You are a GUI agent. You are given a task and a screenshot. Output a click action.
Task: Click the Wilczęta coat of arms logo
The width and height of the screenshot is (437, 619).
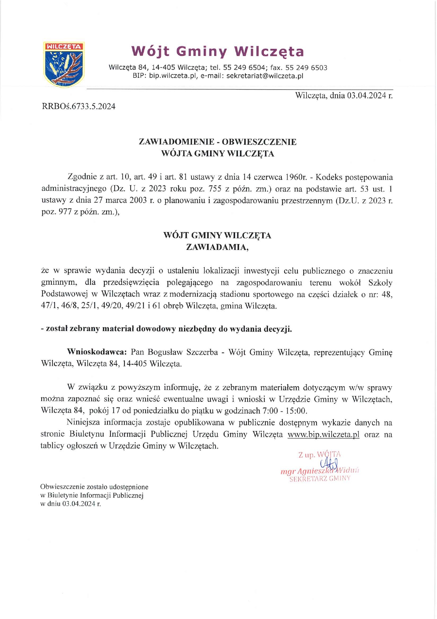point(64,64)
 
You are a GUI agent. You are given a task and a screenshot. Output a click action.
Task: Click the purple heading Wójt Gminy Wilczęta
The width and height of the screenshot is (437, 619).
point(217,52)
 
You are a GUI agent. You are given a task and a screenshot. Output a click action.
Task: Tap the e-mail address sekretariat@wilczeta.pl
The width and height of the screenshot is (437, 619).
point(264,76)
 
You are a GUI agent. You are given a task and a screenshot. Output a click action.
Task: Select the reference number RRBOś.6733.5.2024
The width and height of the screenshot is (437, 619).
point(78,106)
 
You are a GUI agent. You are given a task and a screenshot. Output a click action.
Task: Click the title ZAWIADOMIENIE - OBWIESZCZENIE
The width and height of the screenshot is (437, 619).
point(217,142)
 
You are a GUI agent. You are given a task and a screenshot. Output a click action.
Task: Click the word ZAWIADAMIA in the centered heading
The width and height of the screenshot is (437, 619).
point(217,247)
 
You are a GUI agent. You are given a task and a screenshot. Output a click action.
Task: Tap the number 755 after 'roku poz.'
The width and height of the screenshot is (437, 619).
point(215,189)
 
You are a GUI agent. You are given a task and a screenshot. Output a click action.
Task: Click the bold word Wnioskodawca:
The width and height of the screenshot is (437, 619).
point(97,352)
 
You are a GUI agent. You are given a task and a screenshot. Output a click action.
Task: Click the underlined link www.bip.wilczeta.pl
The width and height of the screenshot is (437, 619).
point(323,434)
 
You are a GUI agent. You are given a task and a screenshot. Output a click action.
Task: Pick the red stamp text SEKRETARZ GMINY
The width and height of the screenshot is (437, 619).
point(320,479)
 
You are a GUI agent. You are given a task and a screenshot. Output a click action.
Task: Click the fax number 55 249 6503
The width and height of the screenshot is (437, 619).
point(306,68)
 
